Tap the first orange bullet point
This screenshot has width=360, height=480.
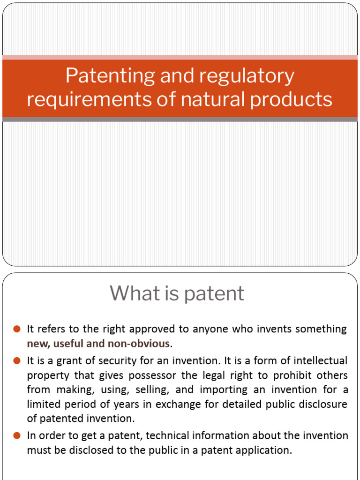coord(17,329)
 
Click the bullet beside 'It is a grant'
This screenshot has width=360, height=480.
coord(17,361)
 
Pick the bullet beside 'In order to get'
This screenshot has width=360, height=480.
coord(17,436)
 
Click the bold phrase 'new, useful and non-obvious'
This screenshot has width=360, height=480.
coord(98,344)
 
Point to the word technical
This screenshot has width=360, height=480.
coord(167,436)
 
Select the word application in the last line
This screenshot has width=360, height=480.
coord(265,450)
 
